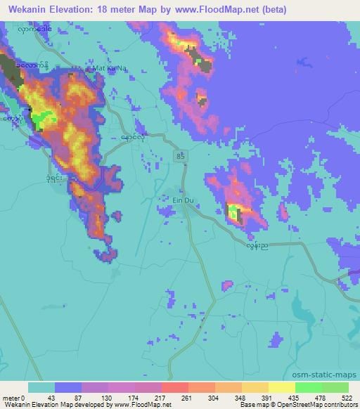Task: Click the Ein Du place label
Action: pyautogui.click(x=184, y=200)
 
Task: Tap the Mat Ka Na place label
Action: pyautogui.click(x=108, y=69)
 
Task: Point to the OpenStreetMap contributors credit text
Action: pyautogui.click(x=320, y=405)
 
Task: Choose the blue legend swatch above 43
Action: pyautogui.click(x=68, y=388)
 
